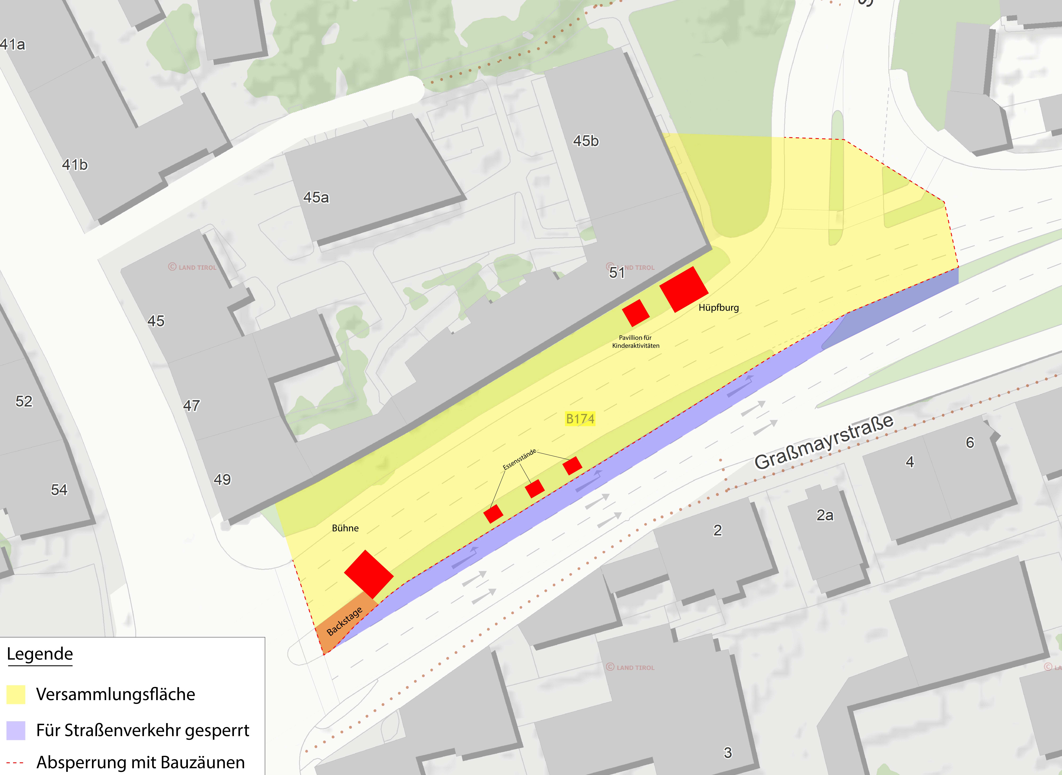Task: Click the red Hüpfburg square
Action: pos(684,289)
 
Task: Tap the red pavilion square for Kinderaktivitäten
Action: pos(636,313)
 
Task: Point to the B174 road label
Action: pos(580,418)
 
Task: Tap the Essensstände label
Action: pos(519,459)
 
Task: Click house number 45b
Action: pos(586,141)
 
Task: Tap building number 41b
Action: pos(75,165)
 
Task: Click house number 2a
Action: pos(825,515)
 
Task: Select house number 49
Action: pos(222,479)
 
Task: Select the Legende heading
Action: pos(40,653)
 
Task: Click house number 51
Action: pos(617,272)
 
